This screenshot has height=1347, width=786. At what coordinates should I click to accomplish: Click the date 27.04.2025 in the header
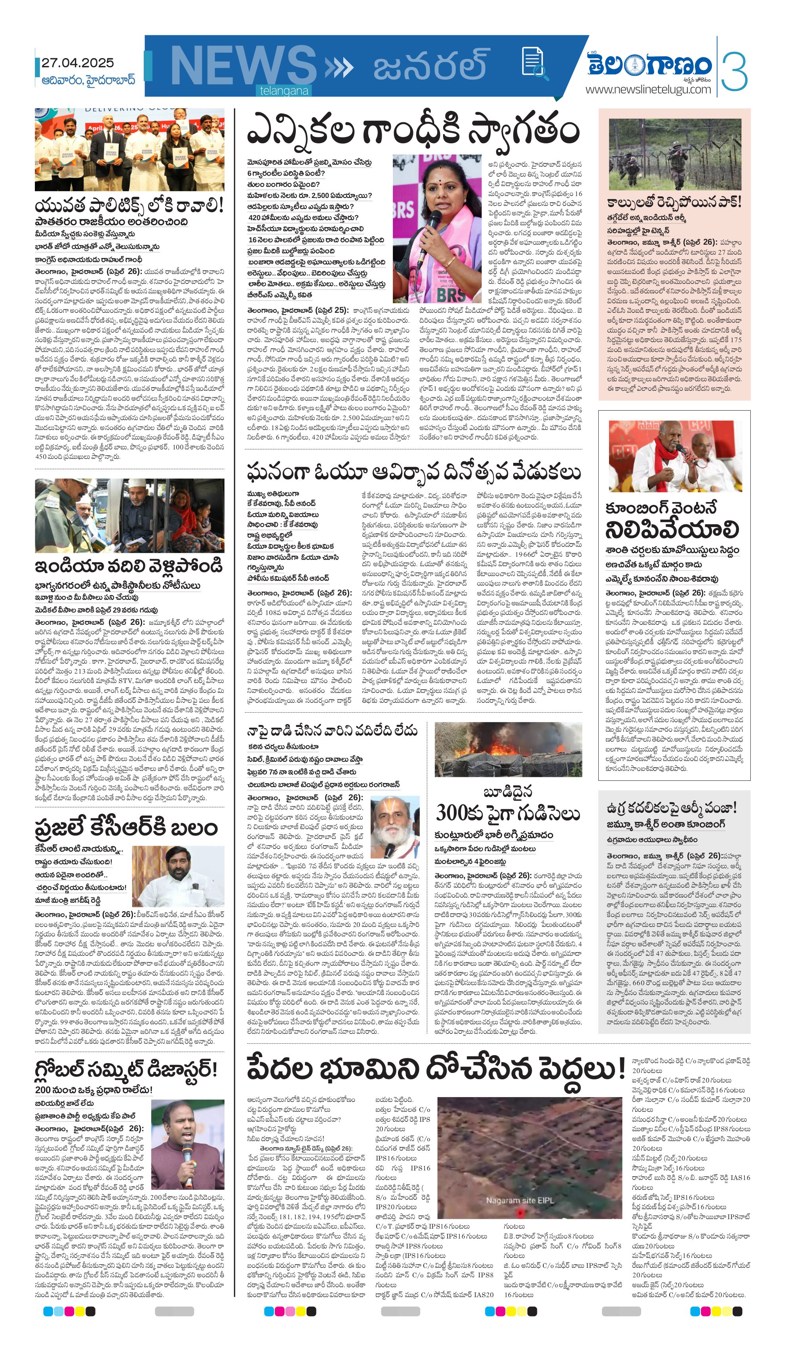coord(78,63)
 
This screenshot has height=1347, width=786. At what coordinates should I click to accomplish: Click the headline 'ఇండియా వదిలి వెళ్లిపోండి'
coord(128,565)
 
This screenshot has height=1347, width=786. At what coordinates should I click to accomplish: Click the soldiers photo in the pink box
coord(675,154)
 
